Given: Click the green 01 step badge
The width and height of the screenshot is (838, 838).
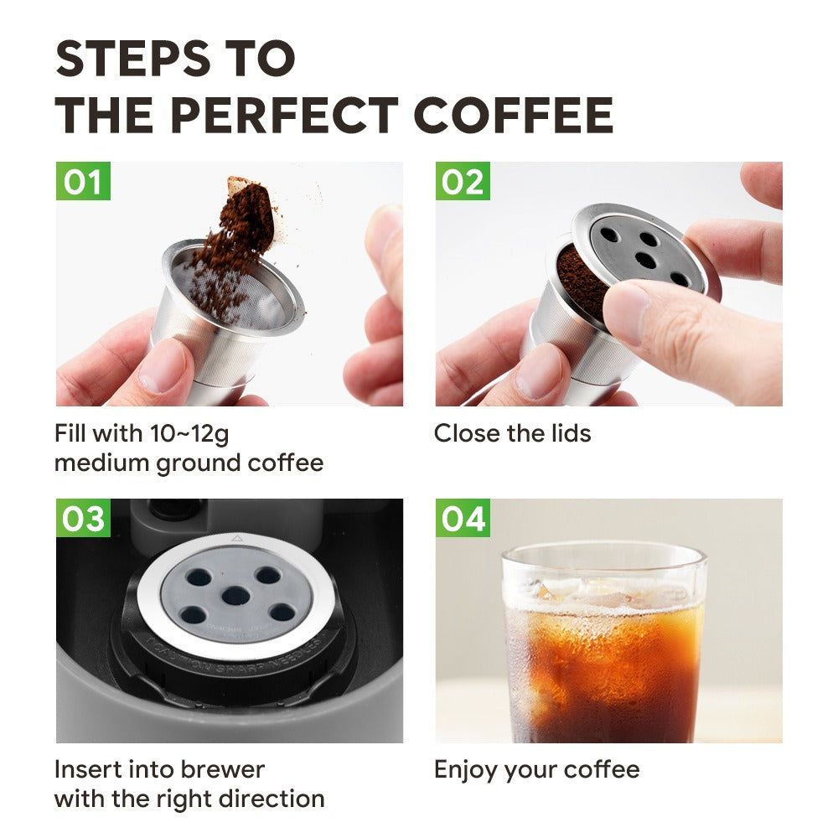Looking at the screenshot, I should [83, 182].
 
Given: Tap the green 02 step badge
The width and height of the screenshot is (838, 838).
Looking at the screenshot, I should [463, 182].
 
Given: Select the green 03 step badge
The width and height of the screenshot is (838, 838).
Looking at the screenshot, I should [83, 519].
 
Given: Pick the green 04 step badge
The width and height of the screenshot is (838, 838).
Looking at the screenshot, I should [463, 519].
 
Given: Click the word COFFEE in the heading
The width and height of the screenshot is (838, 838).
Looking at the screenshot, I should [513, 116].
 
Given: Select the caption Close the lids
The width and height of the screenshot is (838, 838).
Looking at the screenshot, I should [512, 433].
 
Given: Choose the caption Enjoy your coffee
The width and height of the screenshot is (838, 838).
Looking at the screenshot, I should [536, 769].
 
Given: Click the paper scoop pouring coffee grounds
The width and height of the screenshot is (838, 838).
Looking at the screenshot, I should [251, 205].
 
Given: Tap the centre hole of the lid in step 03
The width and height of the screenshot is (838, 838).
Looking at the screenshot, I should [235, 596].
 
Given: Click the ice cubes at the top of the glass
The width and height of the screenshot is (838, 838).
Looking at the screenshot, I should [587, 591].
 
